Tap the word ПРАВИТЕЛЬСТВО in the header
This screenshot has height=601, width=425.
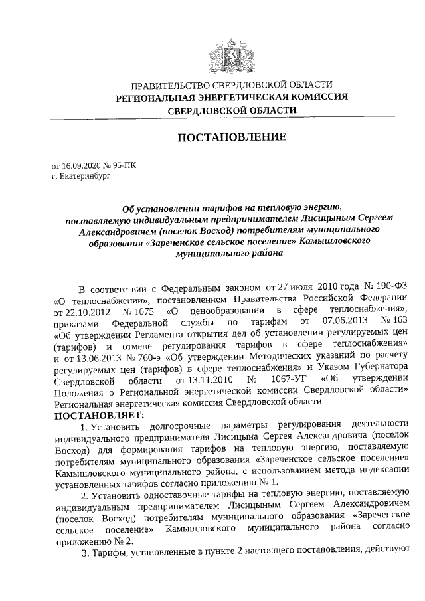tap(169, 85)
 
